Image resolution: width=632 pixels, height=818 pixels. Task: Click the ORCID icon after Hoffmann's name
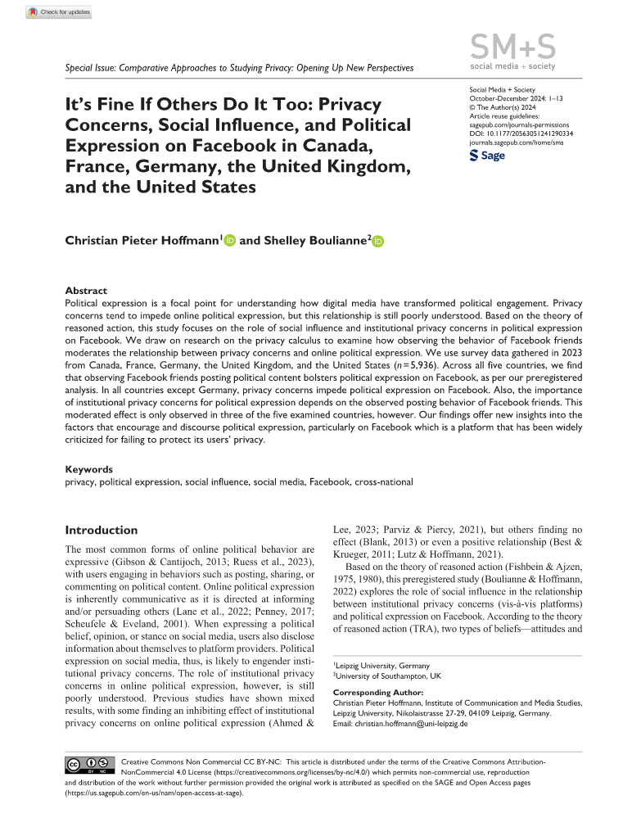230,241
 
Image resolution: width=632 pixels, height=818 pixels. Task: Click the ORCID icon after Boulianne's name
379,241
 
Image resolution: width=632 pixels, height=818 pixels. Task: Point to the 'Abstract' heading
86,291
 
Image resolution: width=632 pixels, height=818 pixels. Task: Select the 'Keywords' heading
89,470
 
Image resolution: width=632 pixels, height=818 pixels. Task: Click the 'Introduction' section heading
102,530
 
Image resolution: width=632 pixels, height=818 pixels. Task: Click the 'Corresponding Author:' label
377,693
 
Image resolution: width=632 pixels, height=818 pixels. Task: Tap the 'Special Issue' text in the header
90,67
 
